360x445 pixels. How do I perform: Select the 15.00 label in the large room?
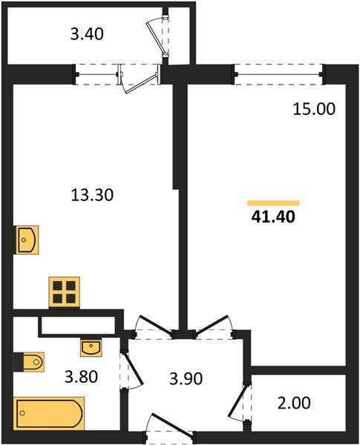click(313, 109)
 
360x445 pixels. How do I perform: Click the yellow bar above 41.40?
click(273, 202)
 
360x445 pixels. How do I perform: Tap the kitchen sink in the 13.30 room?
click(26, 240)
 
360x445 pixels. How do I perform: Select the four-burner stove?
click(65, 291)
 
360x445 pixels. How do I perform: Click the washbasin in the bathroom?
click(91, 346)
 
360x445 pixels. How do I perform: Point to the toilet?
click(30, 362)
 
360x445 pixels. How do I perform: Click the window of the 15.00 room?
click(279, 73)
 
